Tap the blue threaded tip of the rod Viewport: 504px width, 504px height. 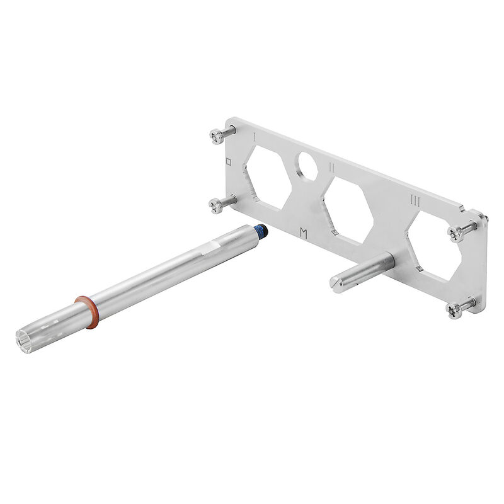260,232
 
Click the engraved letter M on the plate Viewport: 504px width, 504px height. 304,233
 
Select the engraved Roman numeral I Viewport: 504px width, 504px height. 253,136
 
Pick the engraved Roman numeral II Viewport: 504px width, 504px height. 331,168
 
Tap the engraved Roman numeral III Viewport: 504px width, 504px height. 415,201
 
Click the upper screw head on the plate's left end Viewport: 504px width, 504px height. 216,135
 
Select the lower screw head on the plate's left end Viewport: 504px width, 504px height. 215,205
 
